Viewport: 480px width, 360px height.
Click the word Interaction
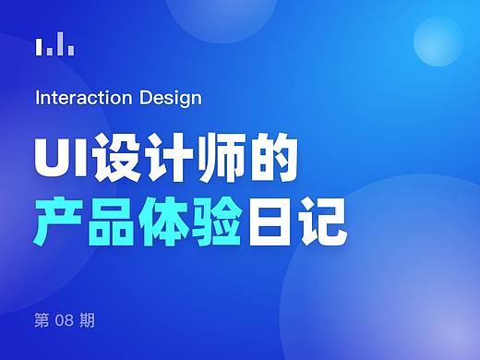(78, 98)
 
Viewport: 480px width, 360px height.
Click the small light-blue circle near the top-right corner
(438, 42)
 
